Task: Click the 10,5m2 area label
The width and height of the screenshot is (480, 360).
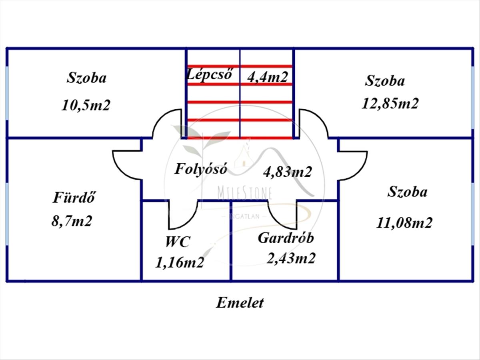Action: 86,105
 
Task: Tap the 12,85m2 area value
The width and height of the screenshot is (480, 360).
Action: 390,103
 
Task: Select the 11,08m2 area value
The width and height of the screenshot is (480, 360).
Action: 404,223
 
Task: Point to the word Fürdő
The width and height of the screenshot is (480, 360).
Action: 74,197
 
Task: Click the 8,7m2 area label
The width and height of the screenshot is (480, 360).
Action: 72,221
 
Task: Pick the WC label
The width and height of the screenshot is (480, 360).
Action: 178,242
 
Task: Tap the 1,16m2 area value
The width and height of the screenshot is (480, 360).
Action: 180,262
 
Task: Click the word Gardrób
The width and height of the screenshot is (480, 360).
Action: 286,238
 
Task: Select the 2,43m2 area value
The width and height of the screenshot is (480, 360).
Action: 291,258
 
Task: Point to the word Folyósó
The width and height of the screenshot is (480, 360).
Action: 201,169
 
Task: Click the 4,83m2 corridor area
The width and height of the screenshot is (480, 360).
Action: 288,172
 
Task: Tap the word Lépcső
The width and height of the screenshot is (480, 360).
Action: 210,74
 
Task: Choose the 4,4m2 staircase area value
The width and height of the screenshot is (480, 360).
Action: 268,77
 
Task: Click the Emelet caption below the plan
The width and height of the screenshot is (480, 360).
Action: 240,303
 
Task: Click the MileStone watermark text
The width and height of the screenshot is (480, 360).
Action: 245,193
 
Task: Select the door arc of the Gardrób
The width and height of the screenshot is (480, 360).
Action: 276,221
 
